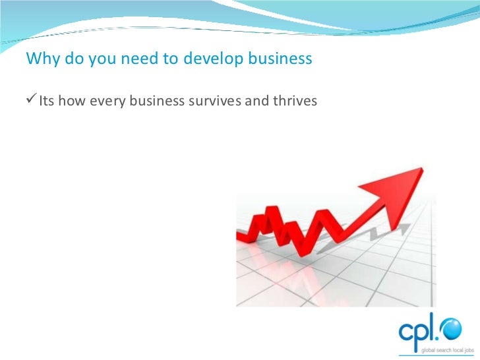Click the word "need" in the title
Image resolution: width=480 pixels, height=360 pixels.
(x=133, y=59)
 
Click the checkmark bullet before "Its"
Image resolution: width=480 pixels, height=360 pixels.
(x=31, y=100)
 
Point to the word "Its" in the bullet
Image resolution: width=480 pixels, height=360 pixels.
(x=47, y=101)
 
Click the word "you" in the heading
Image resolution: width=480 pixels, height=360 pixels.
(x=100, y=59)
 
